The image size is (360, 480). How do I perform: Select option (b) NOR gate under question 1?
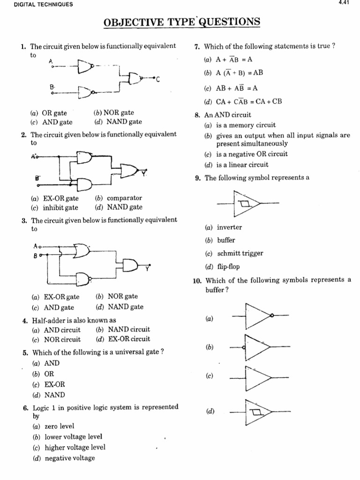point(114,113)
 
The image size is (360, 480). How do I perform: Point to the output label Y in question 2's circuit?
point(144,174)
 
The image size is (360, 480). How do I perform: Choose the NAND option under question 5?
point(54,395)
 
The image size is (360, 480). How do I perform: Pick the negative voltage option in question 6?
point(69,458)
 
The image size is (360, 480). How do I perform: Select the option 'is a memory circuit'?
point(246,125)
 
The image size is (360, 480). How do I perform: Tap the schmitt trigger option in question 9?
point(240,253)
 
